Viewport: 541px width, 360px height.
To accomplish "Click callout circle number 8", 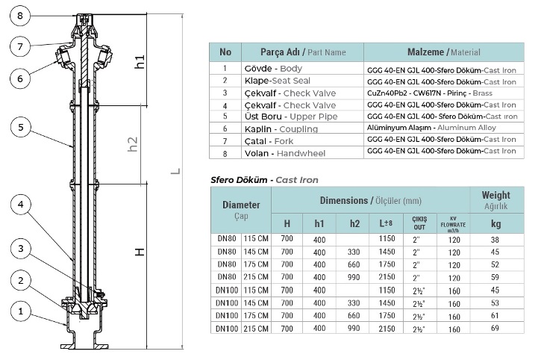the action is (20, 16).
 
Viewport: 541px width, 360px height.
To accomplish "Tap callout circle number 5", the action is (21, 127).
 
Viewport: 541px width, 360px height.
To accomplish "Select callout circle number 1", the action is (21, 311).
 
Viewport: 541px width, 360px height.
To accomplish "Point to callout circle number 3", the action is (21, 249).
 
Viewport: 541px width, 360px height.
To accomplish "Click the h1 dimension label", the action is (140, 62).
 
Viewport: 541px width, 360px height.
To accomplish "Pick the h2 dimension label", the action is (133, 144).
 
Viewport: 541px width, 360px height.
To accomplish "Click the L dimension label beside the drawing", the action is (176, 171).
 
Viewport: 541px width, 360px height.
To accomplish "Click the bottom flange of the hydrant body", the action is (84, 346).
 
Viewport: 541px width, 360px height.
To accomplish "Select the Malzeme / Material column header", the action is (444, 52).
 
